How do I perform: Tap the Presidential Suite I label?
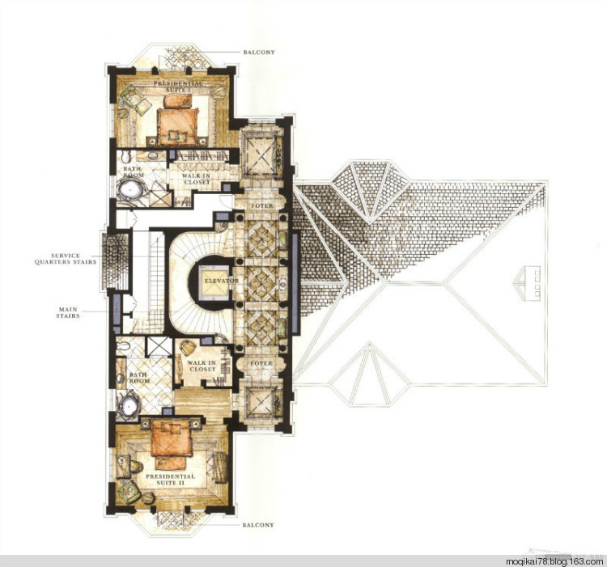178,87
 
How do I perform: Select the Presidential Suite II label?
170,480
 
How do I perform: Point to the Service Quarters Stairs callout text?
66,259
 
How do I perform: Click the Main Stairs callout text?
68,312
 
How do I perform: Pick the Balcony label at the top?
259,53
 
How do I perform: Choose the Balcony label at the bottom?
258,525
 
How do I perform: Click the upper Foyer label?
262,205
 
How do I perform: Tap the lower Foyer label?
261,363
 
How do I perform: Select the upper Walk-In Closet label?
197,179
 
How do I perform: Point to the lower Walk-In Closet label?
202,366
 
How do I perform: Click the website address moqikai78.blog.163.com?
554,561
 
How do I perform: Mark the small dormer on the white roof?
527,284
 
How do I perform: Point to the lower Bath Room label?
139,378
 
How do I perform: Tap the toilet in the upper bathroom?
126,157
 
